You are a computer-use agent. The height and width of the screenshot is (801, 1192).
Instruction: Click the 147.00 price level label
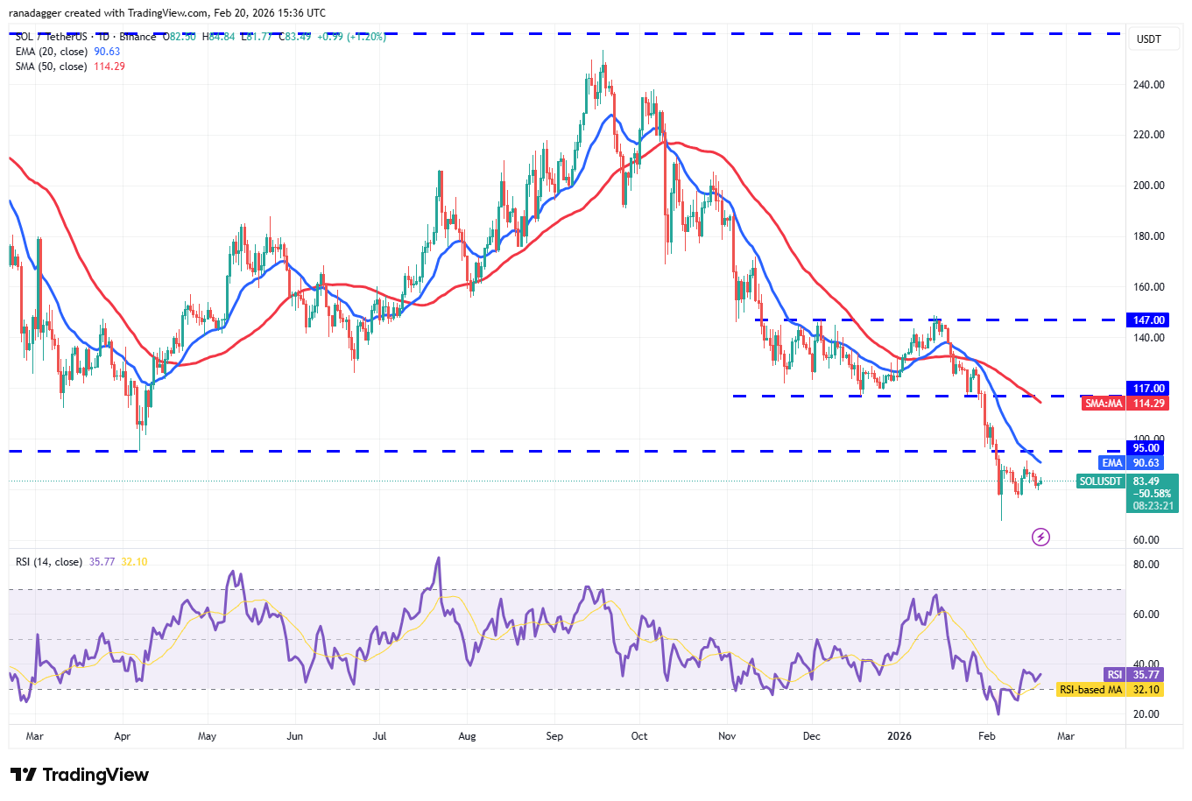[x=1148, y=320]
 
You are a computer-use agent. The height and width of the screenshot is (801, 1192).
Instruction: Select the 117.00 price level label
[x=1148, y=389]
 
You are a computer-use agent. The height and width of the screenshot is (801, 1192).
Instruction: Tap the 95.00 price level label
[x=1146, y=448]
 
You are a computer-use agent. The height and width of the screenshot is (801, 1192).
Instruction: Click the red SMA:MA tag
[x=1103, y=404]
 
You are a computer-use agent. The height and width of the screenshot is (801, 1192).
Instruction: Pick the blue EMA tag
[x=1111, y=463]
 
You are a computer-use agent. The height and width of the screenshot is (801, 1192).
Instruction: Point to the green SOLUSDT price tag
[x=1100, y=481]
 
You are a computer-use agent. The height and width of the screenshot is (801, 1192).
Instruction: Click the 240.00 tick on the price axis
[x=1148, y=85]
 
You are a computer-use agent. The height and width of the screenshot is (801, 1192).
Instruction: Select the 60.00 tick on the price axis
[x=1147, y=540]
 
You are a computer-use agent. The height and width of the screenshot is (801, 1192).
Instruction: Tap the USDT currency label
[x=1148, y=39]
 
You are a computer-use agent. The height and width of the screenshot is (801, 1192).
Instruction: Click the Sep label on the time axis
[x=554, y=736]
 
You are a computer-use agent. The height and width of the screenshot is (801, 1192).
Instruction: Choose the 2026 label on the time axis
[x=899, y=736]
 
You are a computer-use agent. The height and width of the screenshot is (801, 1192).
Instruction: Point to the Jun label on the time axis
[x=295, y=736]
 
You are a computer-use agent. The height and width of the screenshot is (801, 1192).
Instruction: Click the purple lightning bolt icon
[x=1040, y=537]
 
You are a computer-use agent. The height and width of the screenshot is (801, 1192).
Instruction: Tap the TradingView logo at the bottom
[x=80, y=775]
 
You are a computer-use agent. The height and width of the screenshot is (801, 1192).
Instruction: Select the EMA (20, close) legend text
[x=52, y=52]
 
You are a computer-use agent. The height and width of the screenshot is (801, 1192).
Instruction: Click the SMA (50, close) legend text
[x=52, y=67]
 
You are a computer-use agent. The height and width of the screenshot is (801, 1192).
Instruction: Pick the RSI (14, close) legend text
[x=49, y=562]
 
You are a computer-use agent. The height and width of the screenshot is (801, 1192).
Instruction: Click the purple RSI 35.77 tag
[x=1114, y=675]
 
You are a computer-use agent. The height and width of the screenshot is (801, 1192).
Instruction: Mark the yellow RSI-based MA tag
[x=1090, y=690]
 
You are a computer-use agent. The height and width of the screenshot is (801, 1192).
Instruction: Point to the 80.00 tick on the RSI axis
[x=1146, y=565]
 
